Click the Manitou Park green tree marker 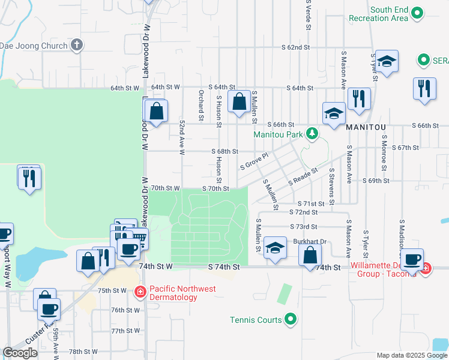[x=312, y=133]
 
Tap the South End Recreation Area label [x=390, y=14]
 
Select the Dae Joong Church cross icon [x=77, y=44]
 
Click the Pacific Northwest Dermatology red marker [x=140, y=292]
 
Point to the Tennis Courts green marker [x=291, y=319]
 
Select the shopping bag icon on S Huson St [x=240, y=102]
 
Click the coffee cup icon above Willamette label [x=412, y=259]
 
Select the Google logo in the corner [x=20, y=352]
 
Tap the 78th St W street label [x=83, y=352]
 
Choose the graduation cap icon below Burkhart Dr [x=275, y=248]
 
